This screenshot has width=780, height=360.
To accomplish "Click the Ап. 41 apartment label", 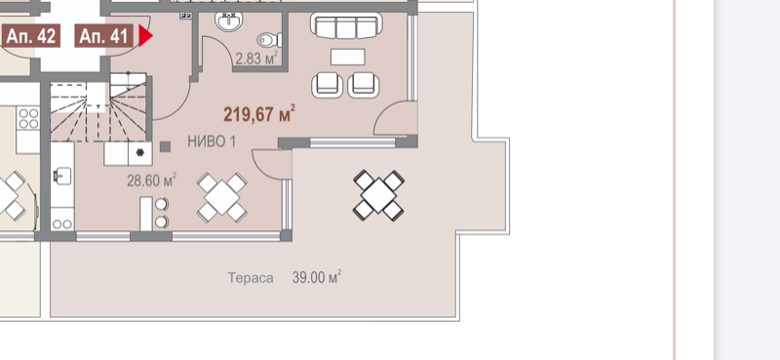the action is (104, 36).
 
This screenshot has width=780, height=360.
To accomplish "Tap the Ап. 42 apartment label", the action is (31, 36).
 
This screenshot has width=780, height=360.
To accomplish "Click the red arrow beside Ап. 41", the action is (145, 36).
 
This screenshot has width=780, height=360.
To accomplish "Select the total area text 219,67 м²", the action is (259, 114).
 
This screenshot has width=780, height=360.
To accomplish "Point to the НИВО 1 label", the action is (212, 141).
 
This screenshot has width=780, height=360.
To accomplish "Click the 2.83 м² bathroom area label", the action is (256, 59).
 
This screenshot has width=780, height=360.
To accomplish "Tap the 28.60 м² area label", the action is (152, 180).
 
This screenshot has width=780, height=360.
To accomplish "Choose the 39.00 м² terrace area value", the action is (316, 277).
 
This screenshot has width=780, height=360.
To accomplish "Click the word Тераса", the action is (251, 278).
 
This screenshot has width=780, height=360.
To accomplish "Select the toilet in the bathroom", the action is (270, 40).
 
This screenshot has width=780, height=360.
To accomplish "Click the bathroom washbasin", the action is (229, 21).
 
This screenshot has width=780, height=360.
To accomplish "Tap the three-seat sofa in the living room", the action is (346, 26).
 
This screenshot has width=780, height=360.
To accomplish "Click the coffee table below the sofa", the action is (348, 57).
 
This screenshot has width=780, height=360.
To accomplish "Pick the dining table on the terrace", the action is (378, 195).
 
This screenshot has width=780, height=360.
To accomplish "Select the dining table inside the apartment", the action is (222, 197).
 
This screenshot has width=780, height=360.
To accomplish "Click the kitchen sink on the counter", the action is (62, 176).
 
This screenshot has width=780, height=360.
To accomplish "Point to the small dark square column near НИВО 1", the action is (165, 146).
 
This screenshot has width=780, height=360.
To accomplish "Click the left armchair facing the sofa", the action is (328, 85).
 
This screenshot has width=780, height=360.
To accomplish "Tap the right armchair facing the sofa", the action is (364, 85).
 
